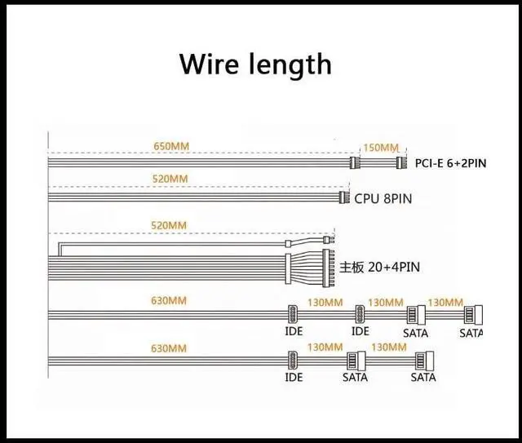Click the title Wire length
click(255, 64)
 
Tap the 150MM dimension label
click(382, 148)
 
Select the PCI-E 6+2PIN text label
click(450, 163)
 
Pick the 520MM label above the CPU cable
click(170, 179)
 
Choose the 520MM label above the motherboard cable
click(170, 225)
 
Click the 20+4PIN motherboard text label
click(381, 267)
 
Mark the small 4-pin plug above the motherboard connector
click(326, 241)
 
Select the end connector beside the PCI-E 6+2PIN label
click(400, 162)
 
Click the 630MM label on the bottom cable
click(170, 348)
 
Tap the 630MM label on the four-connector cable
click(170, 301)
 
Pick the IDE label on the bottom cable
click(294, 377)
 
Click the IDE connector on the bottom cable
click(293, 361)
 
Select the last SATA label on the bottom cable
click(422, 377)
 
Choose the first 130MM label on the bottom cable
click(325, 348)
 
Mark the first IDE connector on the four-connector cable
click(293, 314)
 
